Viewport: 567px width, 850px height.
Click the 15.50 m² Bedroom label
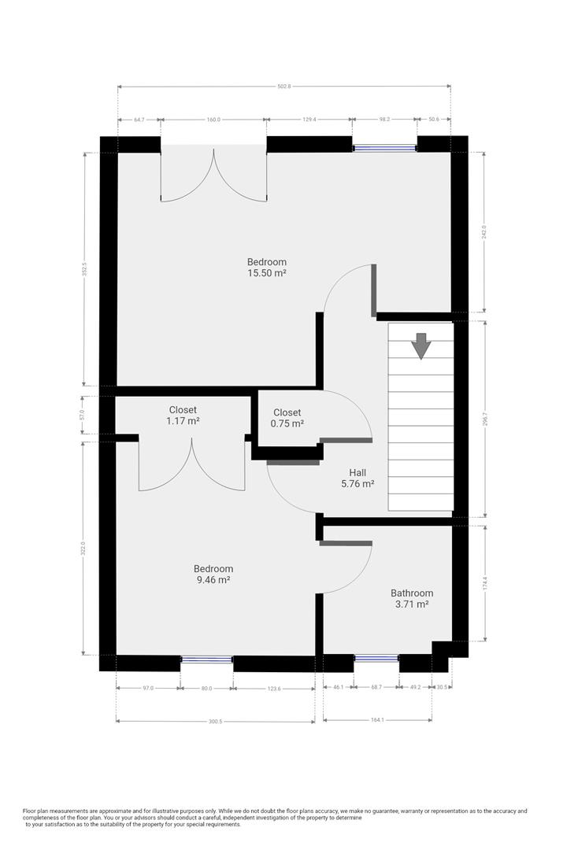(x=267, y=268)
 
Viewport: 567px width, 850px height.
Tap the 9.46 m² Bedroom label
(x=213, y=574)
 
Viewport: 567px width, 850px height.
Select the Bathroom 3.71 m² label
(x=412, y=598)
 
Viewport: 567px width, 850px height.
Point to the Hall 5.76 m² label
(x=358, y=479)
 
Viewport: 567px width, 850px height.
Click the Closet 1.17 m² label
(x=183, y=416)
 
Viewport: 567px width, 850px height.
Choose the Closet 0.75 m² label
(x=287, y=418)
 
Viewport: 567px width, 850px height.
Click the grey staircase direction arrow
(x=421, y=346)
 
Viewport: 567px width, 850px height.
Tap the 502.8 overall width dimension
(x=284, y=87)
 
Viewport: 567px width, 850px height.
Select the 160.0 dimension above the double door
(x=213, y=120)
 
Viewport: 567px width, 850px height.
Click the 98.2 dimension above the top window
(x=384, y=120)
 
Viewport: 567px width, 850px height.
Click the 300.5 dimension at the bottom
(x=216, y=722)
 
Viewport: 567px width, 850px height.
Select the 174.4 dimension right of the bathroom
(x=485, y=583)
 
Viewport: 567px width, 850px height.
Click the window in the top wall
(x=384, y=147)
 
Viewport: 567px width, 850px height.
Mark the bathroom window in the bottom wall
(x=376, y=658)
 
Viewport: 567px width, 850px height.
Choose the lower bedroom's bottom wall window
(x=206, y=660)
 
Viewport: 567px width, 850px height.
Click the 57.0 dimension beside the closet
(x=83, y=416)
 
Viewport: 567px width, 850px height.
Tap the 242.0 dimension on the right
(x=484, y=232)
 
